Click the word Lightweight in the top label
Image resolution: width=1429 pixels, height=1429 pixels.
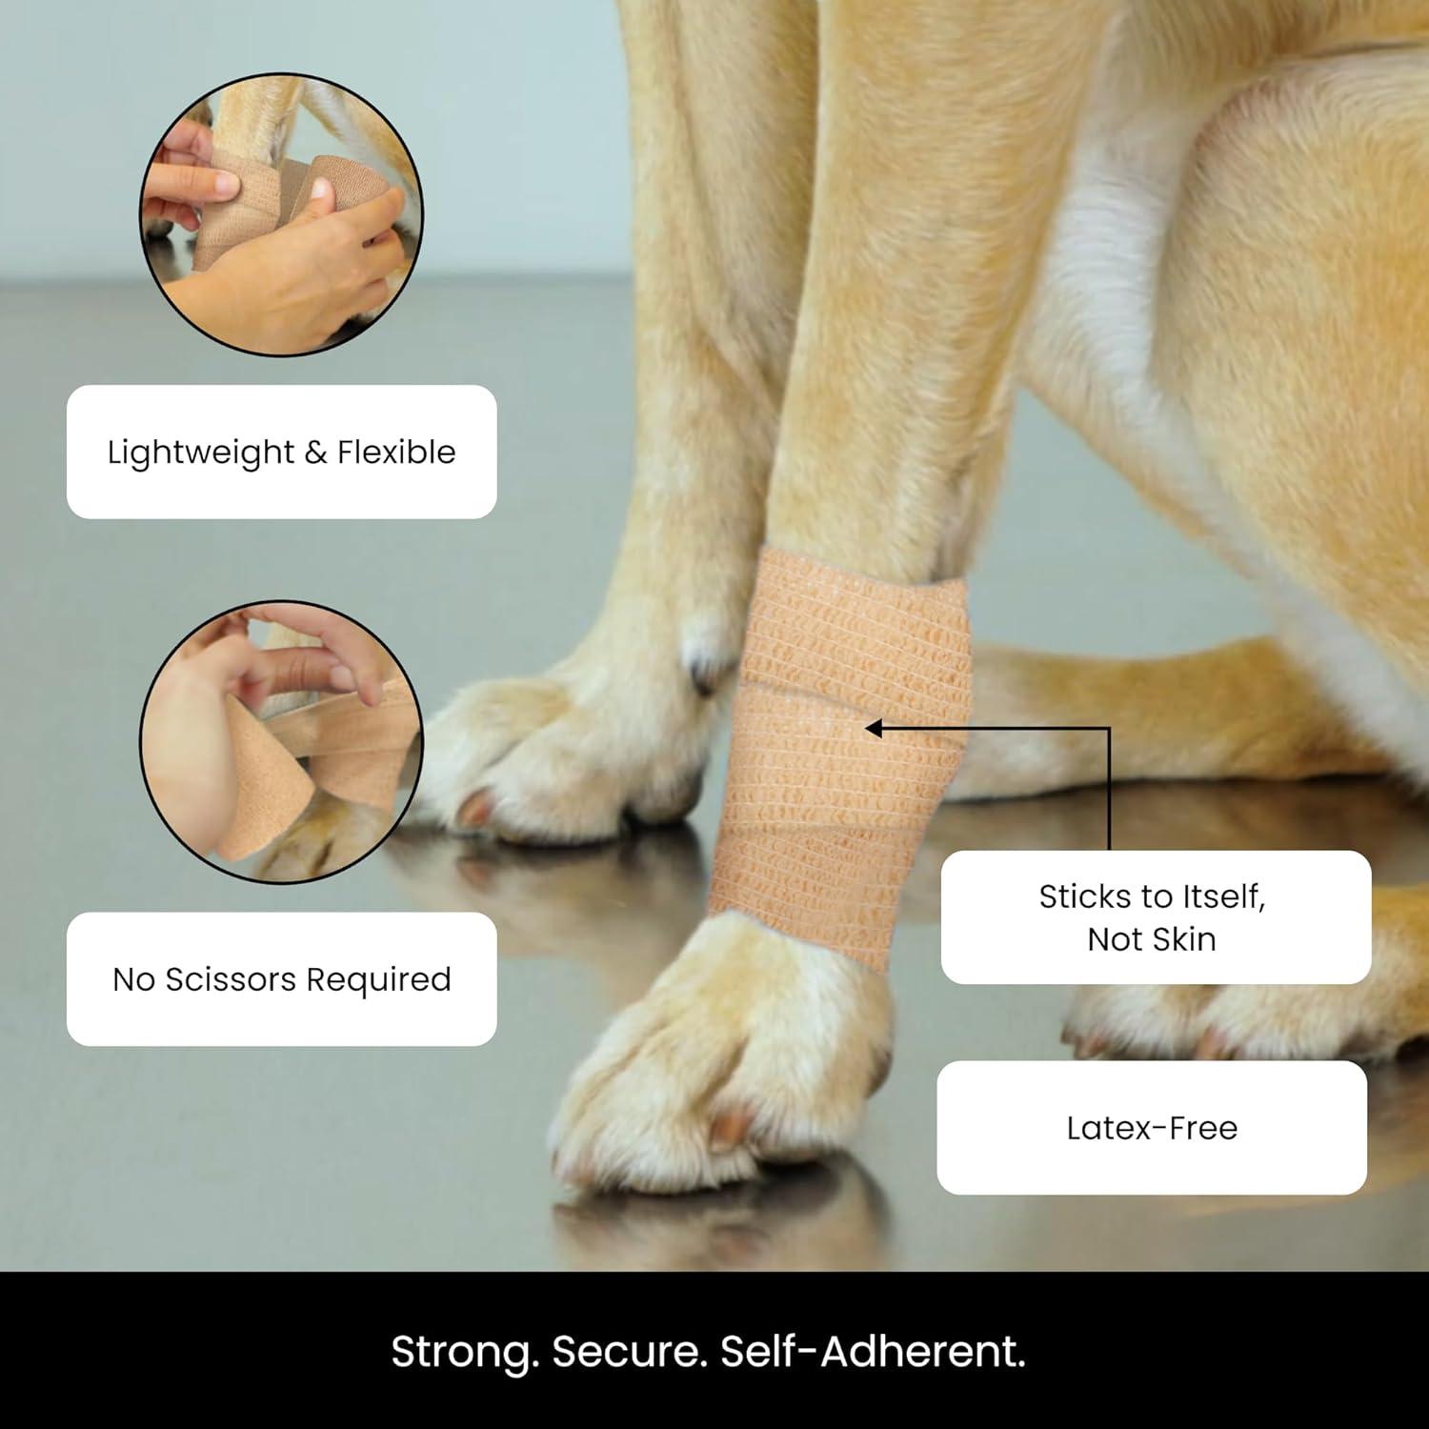click(x=201, y=453)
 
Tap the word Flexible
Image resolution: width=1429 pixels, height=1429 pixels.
click(x=396, y=452)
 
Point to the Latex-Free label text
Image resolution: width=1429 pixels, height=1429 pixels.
click(x=1152, y=1128)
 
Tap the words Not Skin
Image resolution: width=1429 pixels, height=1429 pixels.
click(x=1152, y=939)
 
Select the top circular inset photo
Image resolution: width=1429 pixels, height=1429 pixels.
click(x=282, y=214)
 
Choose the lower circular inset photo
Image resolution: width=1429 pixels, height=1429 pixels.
click(x=282, y=742)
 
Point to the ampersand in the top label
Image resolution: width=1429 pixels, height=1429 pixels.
click(x=316, y=453)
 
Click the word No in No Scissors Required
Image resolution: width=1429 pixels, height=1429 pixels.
click(x=133, y=979)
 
